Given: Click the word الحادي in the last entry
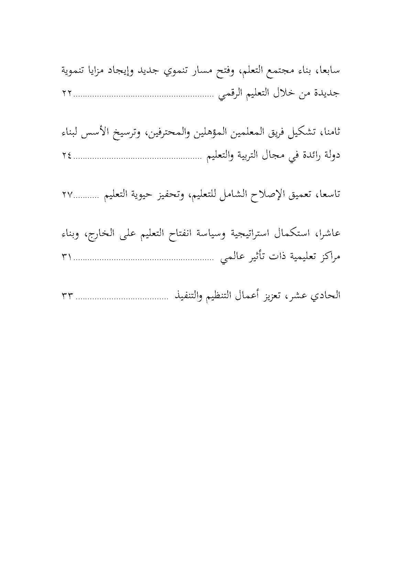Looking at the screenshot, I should click(327, 296).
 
